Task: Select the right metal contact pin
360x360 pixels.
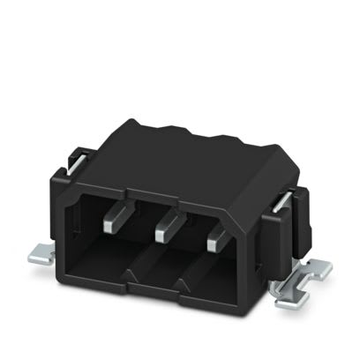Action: tap(214, 240)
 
